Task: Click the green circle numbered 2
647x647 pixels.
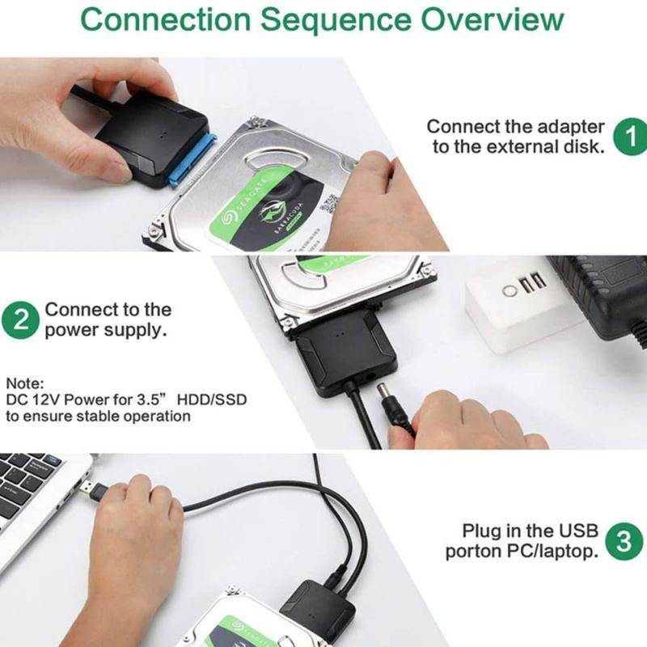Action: (x=22, y=319)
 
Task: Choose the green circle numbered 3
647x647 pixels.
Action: (x=624, y=541)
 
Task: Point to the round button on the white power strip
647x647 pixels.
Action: (x=511, y=290)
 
